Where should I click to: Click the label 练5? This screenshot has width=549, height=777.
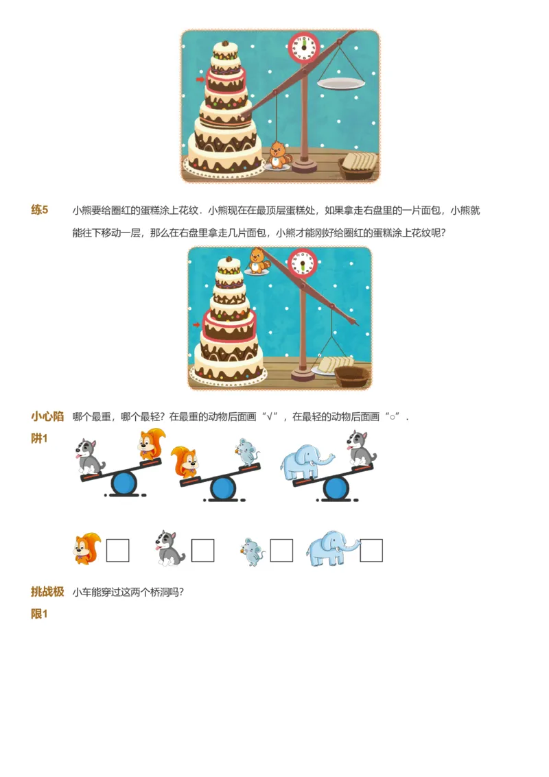point(40,210)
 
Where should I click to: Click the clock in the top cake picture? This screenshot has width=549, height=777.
point(303,47)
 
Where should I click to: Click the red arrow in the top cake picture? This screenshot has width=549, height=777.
point(200,79)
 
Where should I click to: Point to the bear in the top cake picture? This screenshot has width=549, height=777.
point(278,155)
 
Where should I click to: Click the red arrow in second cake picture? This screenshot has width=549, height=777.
point(196,324)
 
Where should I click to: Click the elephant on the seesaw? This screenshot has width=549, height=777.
point(306,463)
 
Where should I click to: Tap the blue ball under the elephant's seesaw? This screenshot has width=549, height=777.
point(336,487)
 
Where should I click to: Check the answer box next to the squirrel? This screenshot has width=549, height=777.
point(117,550)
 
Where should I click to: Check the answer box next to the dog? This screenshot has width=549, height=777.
point(202,550)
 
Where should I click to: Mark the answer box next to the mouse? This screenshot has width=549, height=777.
point(281,550)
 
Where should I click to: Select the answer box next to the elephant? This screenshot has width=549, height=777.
point(371,550)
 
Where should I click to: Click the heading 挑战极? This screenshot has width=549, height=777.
point(47,591)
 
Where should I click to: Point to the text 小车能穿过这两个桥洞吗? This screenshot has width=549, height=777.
point(128,592)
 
